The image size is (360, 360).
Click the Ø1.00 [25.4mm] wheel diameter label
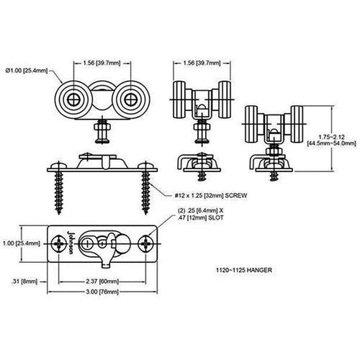[x=27, y=71]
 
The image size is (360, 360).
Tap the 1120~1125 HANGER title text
[x=244, y=270]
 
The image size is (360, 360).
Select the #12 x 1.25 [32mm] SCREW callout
[x=211, y=195]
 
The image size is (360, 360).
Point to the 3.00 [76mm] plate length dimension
[x=102, y=292]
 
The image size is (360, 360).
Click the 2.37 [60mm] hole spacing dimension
[x=102, y=282]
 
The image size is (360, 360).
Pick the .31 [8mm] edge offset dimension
[x=24, y=282]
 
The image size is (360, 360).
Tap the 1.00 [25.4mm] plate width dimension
[x=22, y=243]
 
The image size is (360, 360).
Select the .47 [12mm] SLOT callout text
[x=200, y=217]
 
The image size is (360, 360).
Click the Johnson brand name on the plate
[x=71, y=243]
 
